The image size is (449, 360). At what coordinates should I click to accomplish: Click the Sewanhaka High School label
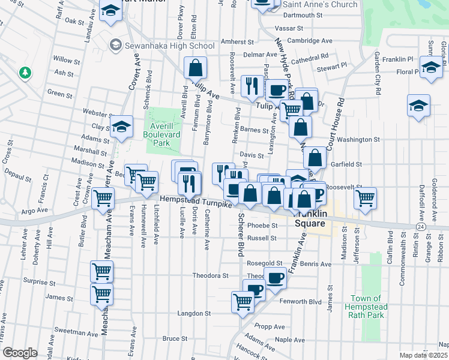click(168, 46)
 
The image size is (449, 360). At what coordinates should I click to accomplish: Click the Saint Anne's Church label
click(320, 4)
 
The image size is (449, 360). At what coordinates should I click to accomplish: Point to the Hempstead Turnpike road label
click(195, 203)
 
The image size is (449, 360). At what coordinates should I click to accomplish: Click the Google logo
click(20, 353)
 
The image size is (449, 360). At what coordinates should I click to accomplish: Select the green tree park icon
click(25, 73)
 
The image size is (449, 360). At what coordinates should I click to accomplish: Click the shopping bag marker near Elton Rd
click(195, 69)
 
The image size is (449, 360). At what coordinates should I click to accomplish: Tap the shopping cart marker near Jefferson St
click(365, 198)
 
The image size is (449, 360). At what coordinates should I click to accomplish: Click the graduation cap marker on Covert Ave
click(121, 127)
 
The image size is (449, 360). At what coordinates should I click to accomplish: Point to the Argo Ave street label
click(34, 211)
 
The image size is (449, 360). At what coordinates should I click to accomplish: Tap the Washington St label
click(358, 139)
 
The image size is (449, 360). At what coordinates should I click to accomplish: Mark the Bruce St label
click(175, 338)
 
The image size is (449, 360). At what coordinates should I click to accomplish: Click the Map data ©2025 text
click(424, 355)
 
